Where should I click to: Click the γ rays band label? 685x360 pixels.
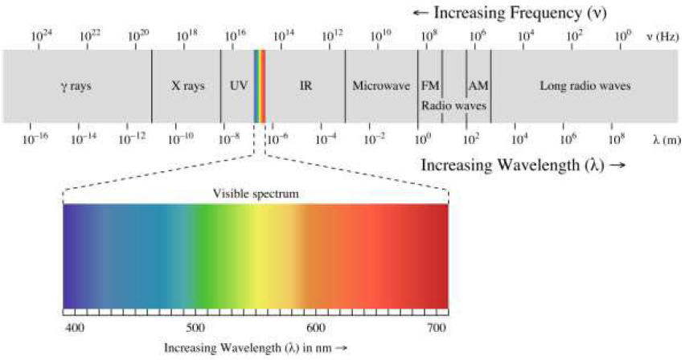click(76, 85)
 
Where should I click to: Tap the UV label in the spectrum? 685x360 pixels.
click(239, 85)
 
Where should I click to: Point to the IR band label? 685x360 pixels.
click(306, 85)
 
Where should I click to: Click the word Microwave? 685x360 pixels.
click(382, 85)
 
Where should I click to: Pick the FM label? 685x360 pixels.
click(430, 85)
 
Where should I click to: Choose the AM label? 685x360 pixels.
click(478, 85)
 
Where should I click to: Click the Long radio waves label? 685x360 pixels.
click(585, 85)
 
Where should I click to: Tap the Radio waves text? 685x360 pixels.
click(453, 104)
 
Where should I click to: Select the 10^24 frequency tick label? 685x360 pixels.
click(42, 36)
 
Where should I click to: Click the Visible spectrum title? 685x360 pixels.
click(255, 193)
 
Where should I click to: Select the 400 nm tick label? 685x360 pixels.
click(74, 328)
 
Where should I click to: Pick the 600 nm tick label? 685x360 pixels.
click(316, 328)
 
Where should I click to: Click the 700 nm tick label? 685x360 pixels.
click(437, 328)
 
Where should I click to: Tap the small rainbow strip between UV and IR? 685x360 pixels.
click(260, 85)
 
